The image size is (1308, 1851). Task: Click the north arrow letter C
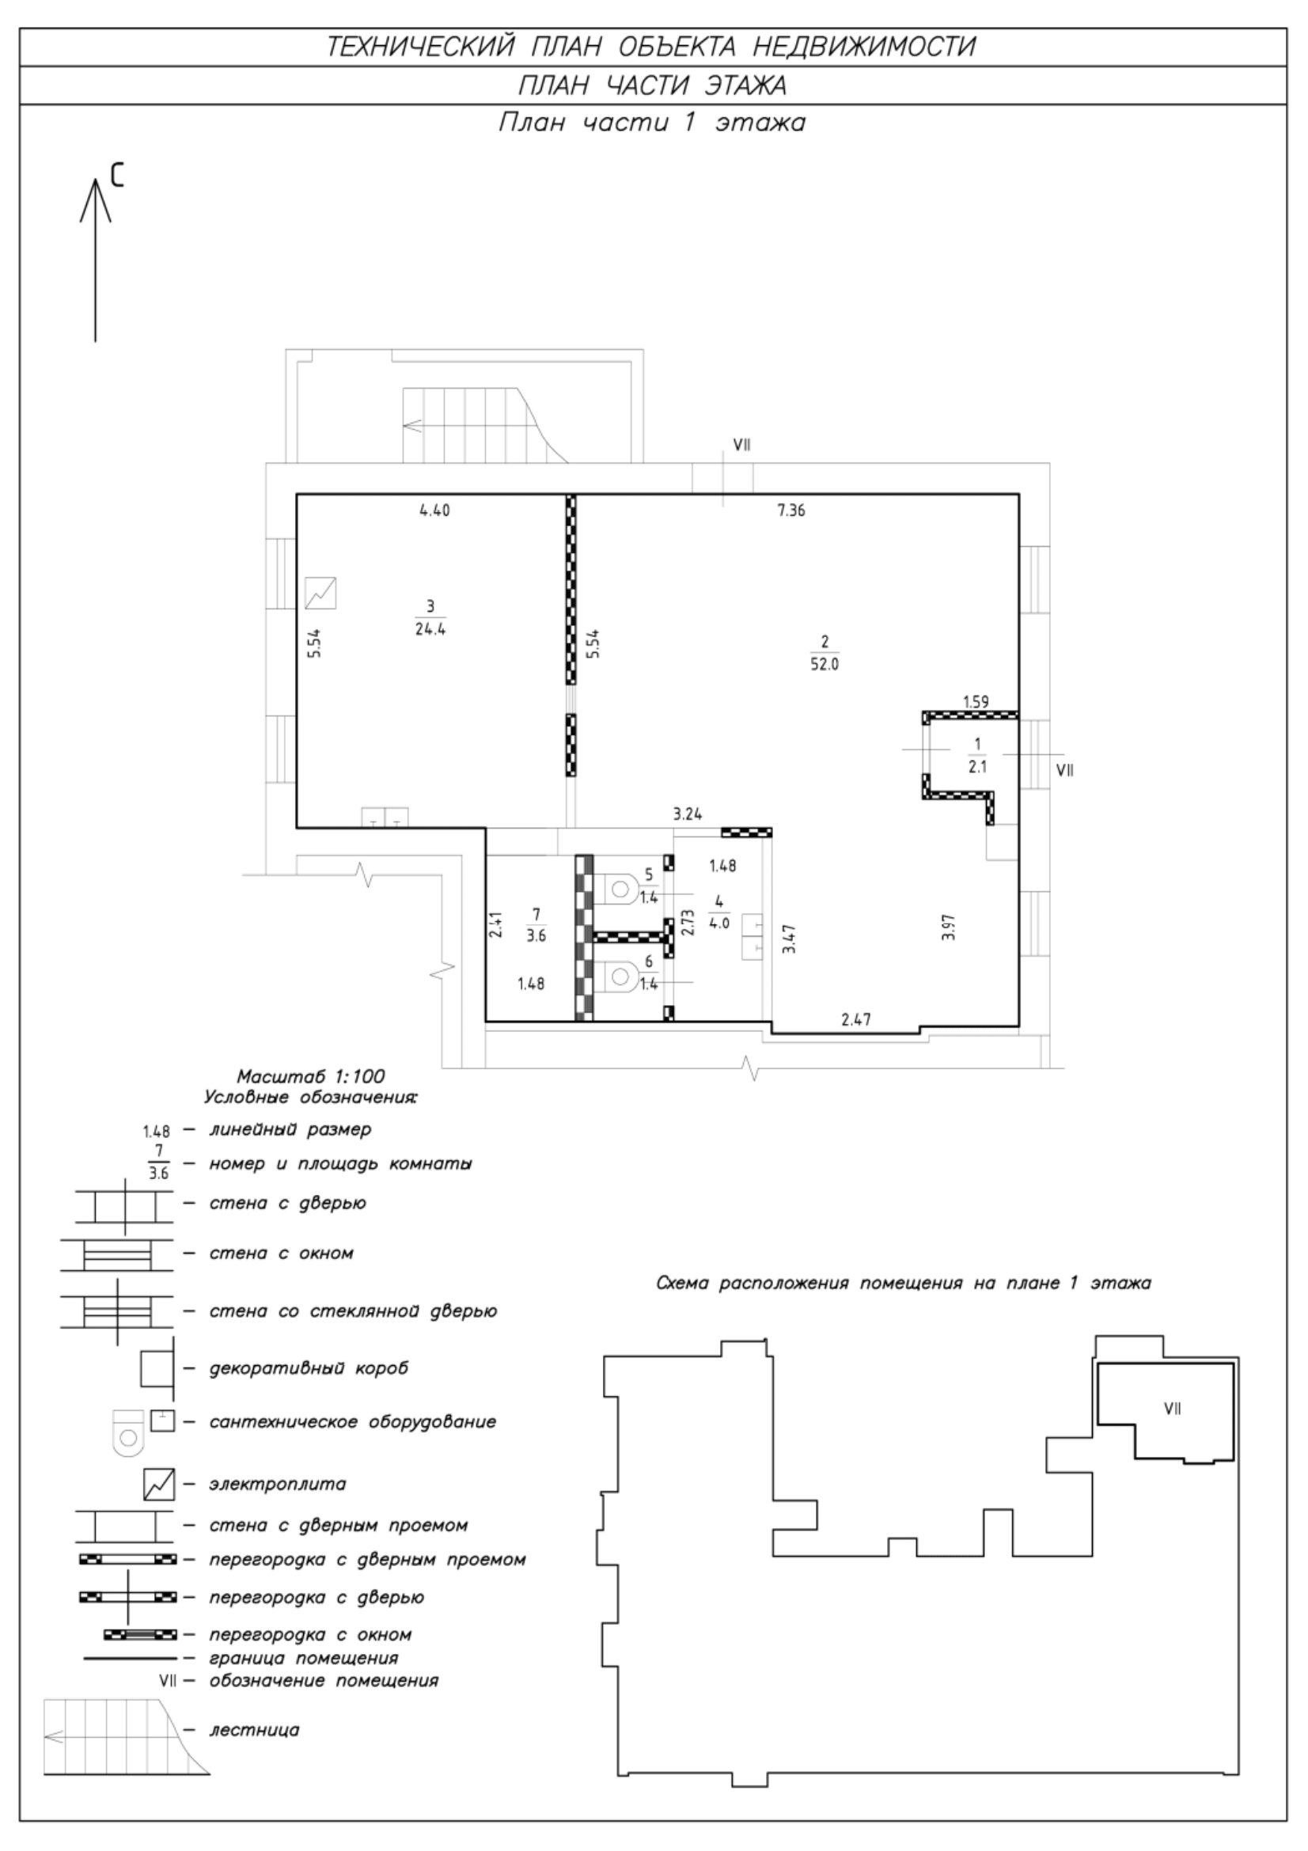(118, 174)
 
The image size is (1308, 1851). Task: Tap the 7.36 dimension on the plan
(790, 510)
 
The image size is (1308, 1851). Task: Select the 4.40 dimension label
(434, 510)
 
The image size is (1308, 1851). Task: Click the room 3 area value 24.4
(430, 630)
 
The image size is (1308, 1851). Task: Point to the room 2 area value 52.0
(825, 665)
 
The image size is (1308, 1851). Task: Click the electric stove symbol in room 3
(320, 594)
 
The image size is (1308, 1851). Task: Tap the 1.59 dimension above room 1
(975, 701)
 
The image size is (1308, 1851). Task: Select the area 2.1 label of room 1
(977, 768)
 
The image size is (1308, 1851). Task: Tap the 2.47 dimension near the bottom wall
(856, 1020)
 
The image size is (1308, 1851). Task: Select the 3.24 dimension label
(688, 814)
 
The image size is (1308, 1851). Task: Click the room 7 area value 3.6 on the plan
(536, 936)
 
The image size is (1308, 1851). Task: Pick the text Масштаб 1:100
(310, 1076)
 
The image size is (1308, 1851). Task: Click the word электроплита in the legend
(277, 1484)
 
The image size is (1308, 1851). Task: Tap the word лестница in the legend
(254, 1730)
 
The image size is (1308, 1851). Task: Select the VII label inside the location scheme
(1173, 1409)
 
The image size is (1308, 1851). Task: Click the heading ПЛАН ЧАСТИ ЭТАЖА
(652, 85)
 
